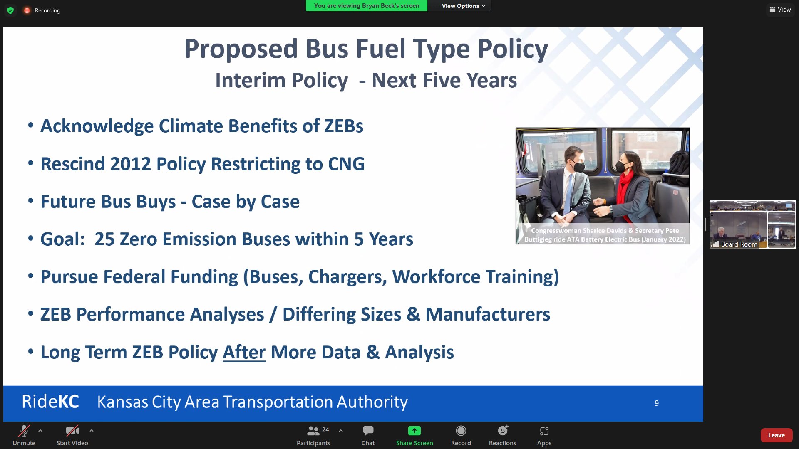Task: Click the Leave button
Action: (x=776, y=435)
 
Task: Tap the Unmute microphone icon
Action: (x=24, y=431)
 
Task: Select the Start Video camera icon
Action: (x=72, y=431)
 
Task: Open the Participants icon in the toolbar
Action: (x=313, y=431)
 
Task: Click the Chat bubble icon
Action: (x=368, y=431)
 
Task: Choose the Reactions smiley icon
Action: (x=502, y=431)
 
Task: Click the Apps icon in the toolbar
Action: (x=544, y=431)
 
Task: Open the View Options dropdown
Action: (x=463, y=6)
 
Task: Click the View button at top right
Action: (x=780, y=9)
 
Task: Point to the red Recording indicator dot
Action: (x=27, y=10)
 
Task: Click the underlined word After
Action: (x=244, y=352)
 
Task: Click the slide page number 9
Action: (x=656, y=403)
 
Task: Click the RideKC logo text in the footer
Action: (x=50, y=402)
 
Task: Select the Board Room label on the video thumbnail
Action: (x=739, y=244)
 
